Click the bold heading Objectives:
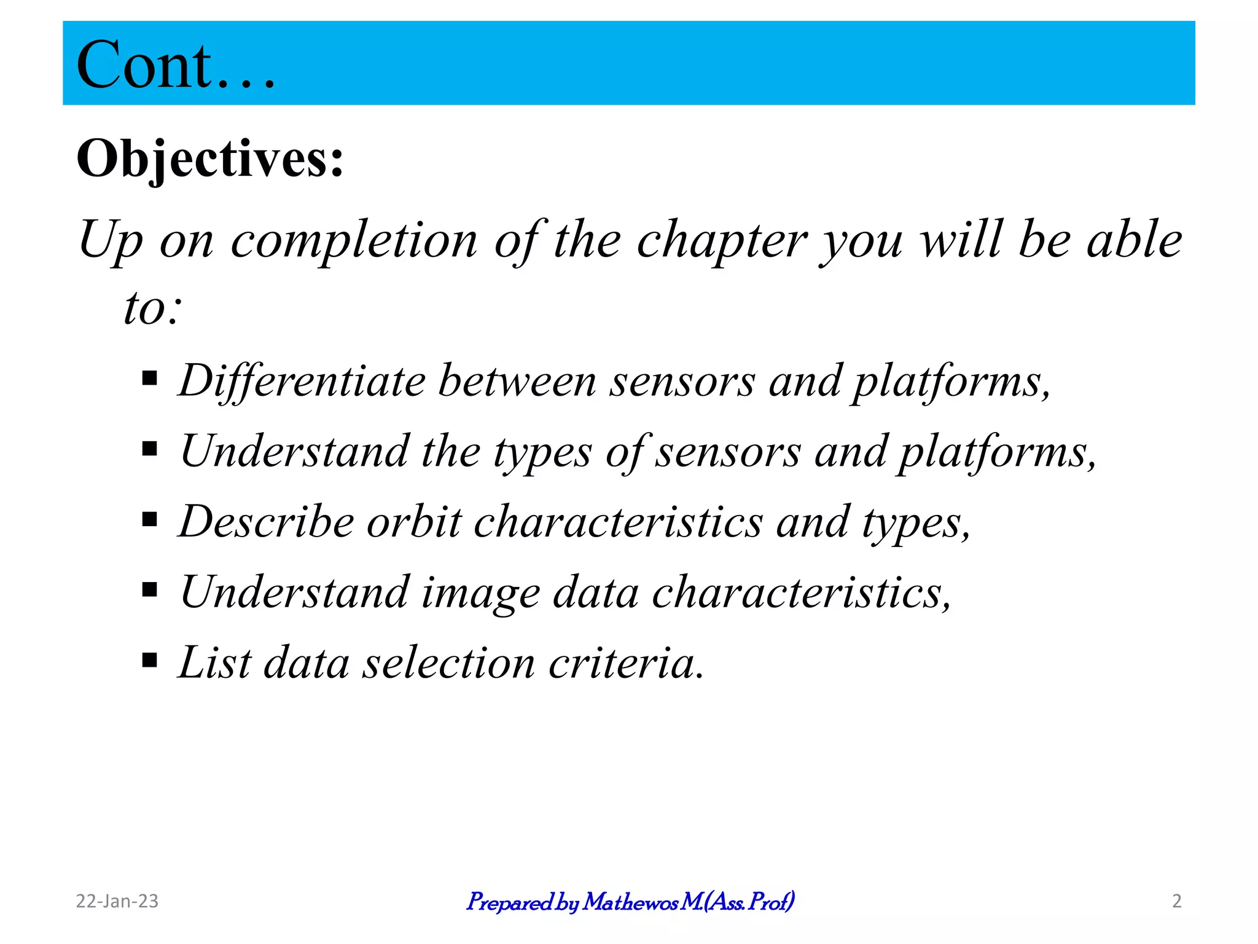point(209,159)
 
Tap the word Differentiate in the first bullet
point(302,381)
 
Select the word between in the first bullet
point(517,381)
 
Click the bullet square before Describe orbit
point(149,519)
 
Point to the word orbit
point(413,522)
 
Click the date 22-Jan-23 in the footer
point(117,901)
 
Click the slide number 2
point(1176,901)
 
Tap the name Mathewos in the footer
point(630,902)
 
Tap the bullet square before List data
point(149,660)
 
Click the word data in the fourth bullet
point(596,592)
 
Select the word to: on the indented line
point(153,308)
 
